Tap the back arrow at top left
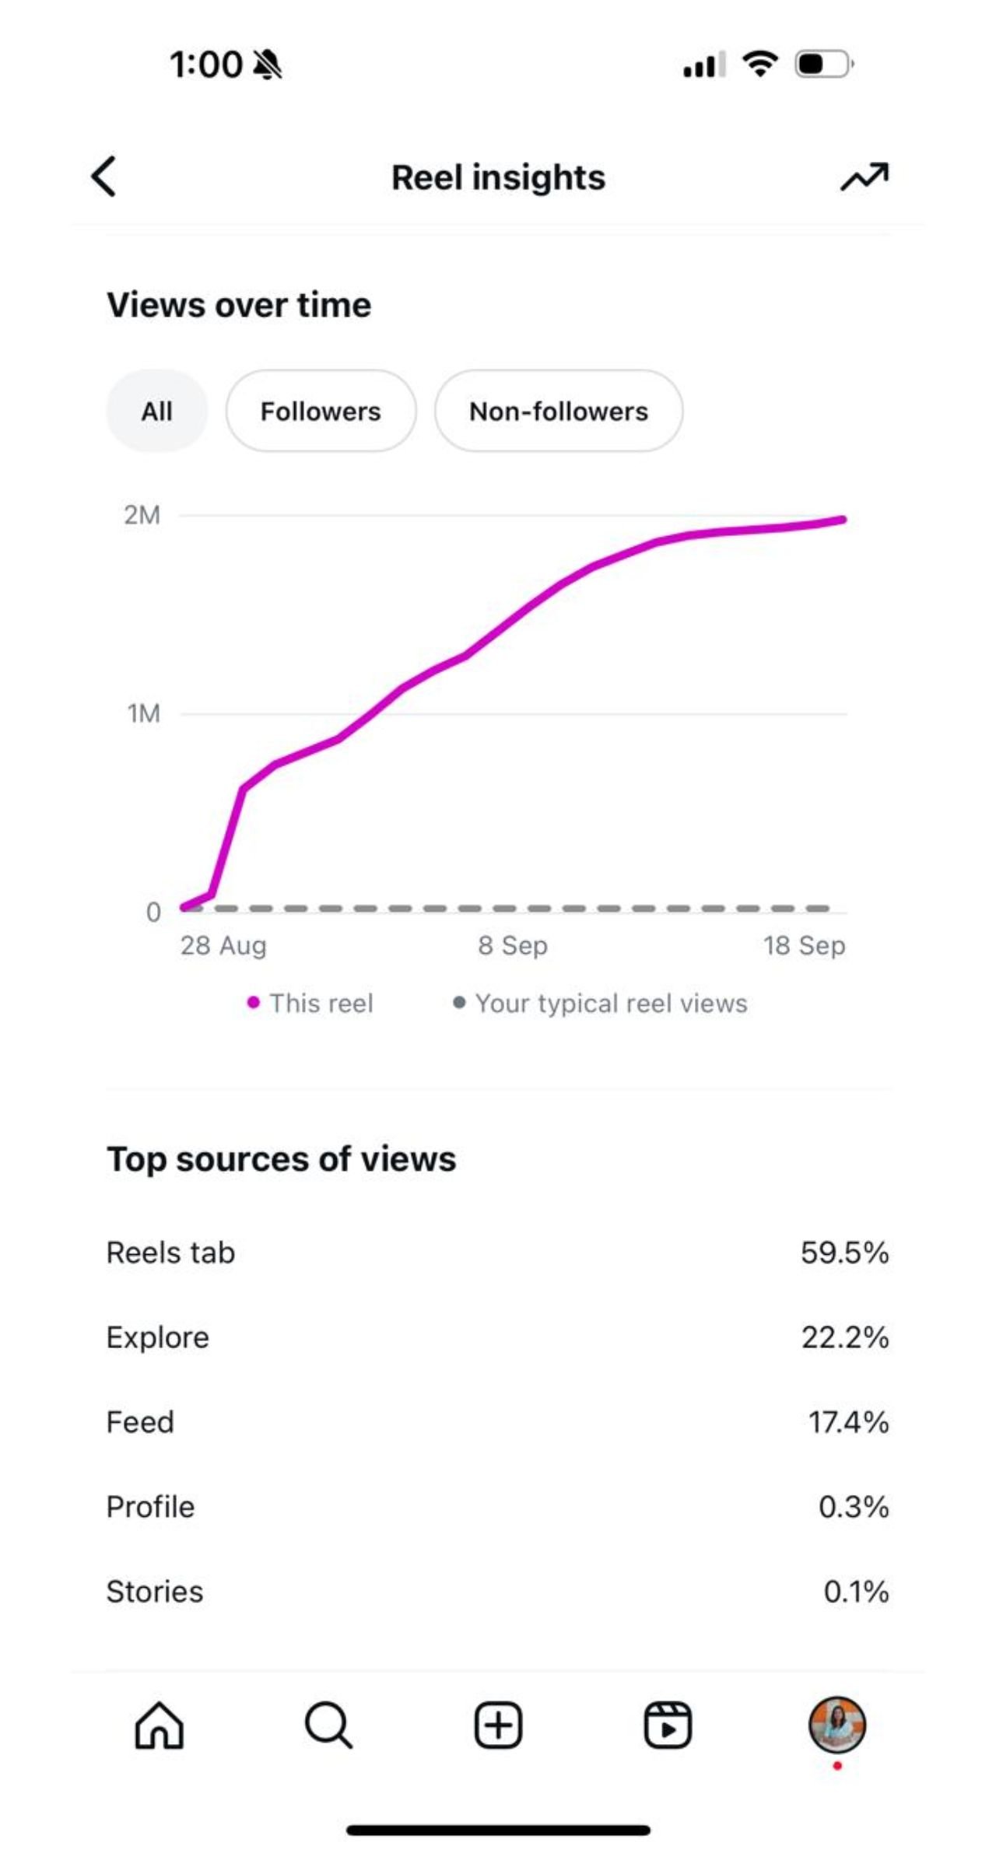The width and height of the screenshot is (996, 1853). point(104,177)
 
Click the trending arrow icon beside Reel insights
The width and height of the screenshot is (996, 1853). point(864,177)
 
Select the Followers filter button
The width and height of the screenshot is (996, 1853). point(321,411)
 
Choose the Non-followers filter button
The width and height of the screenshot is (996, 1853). point(559,411)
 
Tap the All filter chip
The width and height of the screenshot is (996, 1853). point(156,411)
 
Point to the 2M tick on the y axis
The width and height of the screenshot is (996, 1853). point(142,515)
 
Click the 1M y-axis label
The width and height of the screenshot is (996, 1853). point(144,713)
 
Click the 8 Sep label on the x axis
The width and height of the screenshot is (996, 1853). point(513,945)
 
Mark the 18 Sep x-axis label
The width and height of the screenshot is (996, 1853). point(804,945)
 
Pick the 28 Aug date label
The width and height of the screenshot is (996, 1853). point(223,945)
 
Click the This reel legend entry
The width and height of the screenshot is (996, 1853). point(310,1003)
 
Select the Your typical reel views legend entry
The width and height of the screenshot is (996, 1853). point(601,1003)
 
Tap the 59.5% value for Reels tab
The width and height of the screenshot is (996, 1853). point(844,1252)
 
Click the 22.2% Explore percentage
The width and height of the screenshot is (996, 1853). point(845,1337)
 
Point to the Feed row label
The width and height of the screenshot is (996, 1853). point(140,1422)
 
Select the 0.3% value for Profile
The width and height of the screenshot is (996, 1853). point(853,1507)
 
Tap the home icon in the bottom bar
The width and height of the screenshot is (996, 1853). point(160,1725)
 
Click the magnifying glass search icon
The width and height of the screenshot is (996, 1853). point(328,1725)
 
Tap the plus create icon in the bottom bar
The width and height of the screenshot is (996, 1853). point(498,1725)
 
